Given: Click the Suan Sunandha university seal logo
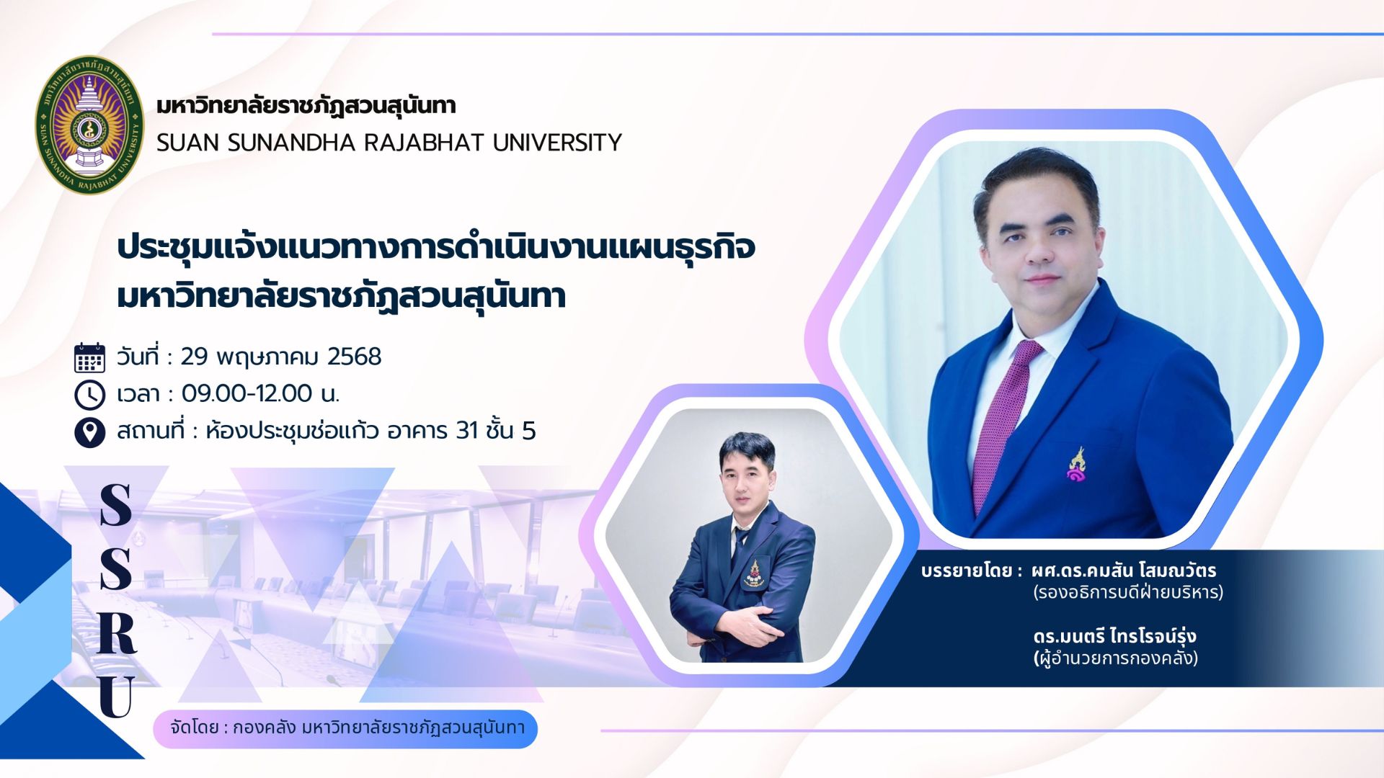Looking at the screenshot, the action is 89,125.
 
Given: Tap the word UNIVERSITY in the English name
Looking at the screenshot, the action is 557,143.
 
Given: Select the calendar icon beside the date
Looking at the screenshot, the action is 89,357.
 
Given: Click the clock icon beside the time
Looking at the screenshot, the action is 89,395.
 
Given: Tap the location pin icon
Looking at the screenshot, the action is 89,432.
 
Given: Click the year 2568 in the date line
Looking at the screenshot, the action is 354,357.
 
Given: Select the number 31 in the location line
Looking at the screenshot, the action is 467,431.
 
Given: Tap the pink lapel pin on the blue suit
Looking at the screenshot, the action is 1077,465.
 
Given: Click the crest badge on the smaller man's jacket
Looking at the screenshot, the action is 754,574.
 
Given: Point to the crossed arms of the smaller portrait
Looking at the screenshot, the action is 735,625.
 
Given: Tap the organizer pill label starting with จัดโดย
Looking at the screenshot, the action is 345,728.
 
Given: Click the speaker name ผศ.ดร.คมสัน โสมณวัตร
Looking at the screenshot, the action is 1124,571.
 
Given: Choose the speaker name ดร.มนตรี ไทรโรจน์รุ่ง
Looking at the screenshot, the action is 1114,636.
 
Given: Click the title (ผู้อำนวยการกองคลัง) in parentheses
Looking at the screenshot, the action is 1116,658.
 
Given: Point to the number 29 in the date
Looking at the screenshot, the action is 194,357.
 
